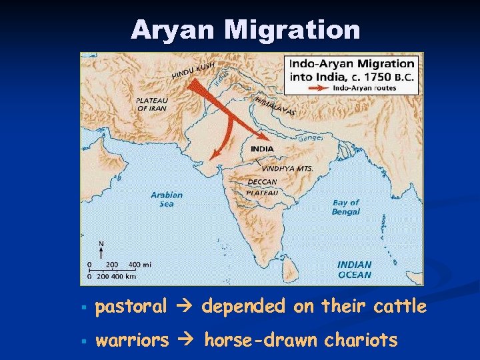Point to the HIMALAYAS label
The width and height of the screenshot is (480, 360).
275,105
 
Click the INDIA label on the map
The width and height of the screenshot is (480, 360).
262,149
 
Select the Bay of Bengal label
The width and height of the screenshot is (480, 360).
345,207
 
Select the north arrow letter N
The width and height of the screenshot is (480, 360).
101,244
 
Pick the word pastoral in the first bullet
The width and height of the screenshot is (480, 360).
131,307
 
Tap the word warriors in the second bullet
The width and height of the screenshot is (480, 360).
133,341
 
